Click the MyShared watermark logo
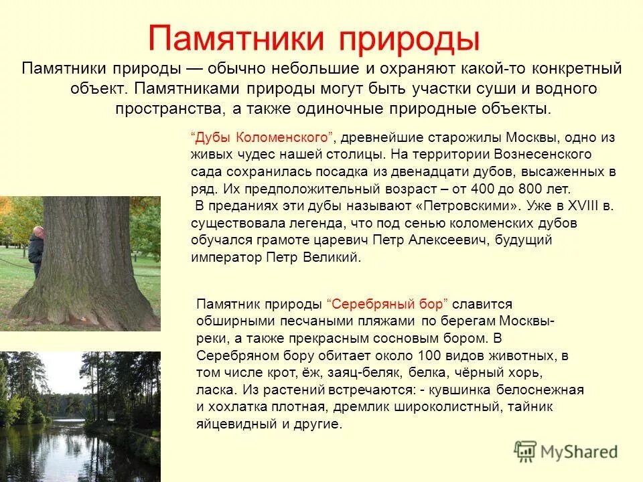566,451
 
